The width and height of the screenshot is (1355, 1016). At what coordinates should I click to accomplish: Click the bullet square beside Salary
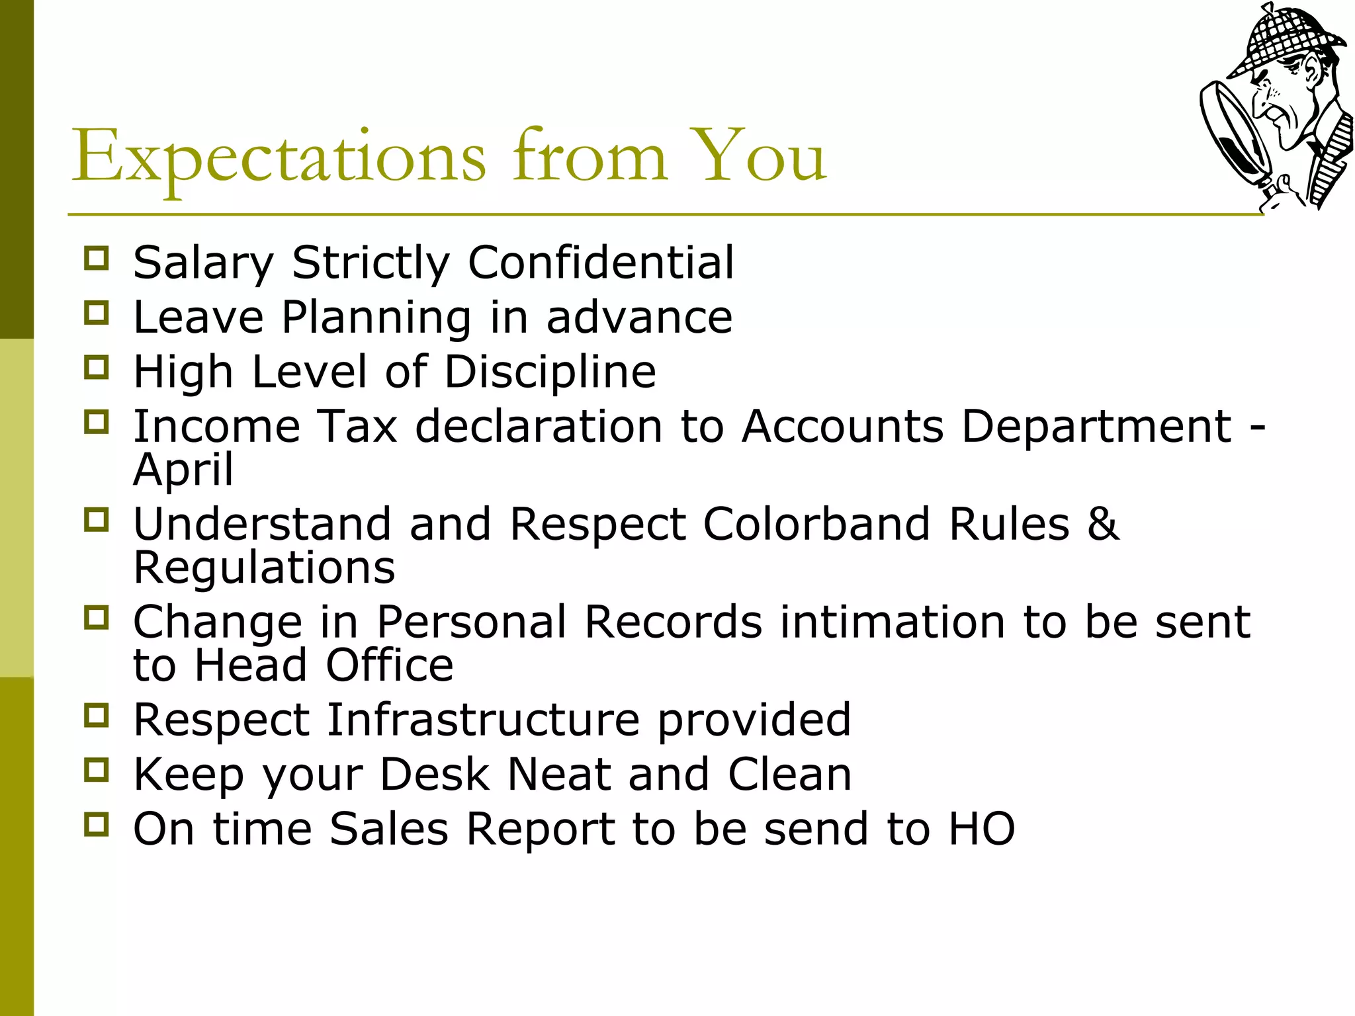pyautogui.click(x=97, y=258)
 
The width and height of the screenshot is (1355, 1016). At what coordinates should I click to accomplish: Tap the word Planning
pyautogui.click(x=376, y=317)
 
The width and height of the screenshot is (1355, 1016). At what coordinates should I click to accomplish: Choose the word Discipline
pyautogui.click(x=550, y=371)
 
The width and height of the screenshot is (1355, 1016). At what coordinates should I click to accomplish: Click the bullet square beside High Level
pyautogui.click(x=97, y=367)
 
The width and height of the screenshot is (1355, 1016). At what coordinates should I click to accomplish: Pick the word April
pyautogui.click(x=183, y=469)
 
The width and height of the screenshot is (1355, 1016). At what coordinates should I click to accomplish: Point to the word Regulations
pyautogui.click(x=264, y=567)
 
